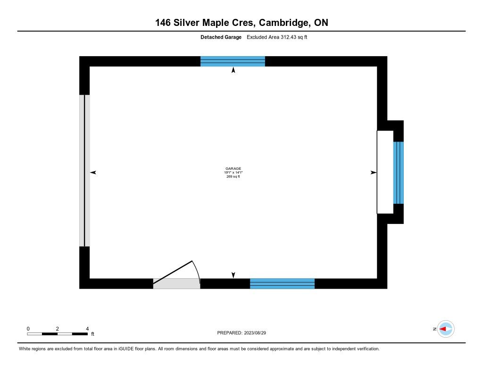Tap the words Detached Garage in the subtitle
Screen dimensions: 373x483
[221, 37]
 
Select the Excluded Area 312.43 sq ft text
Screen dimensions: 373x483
[277, 37]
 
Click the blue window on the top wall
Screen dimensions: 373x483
[233, 61]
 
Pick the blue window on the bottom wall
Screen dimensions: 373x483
[282, 283]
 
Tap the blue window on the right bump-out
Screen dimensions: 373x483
[399, 172]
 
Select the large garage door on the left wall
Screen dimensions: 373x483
[84, 170]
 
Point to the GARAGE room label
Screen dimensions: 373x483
[233, 168]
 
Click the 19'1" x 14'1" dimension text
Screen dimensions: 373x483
[233, 173]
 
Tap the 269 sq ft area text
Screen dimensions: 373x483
[233, 177]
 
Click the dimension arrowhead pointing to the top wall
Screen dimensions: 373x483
[233, 71]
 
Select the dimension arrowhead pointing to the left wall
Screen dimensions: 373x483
[93, 173]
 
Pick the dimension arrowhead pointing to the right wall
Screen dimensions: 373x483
[374, 173]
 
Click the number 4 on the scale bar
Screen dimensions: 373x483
[87, 328]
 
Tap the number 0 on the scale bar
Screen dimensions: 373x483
[28, 328]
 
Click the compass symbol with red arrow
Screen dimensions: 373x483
[445, 329]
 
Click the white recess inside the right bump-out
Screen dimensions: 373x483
[385, 172]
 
